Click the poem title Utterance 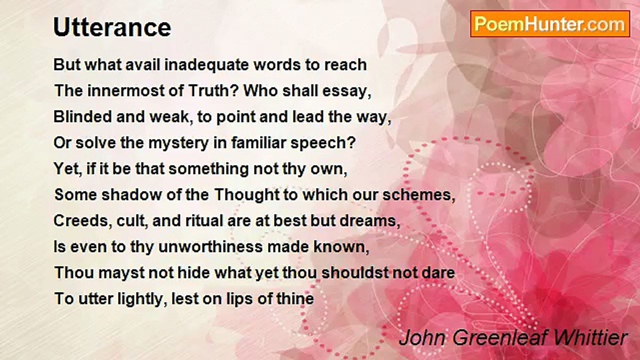pos(112,28)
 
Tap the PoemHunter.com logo pos(550,24)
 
